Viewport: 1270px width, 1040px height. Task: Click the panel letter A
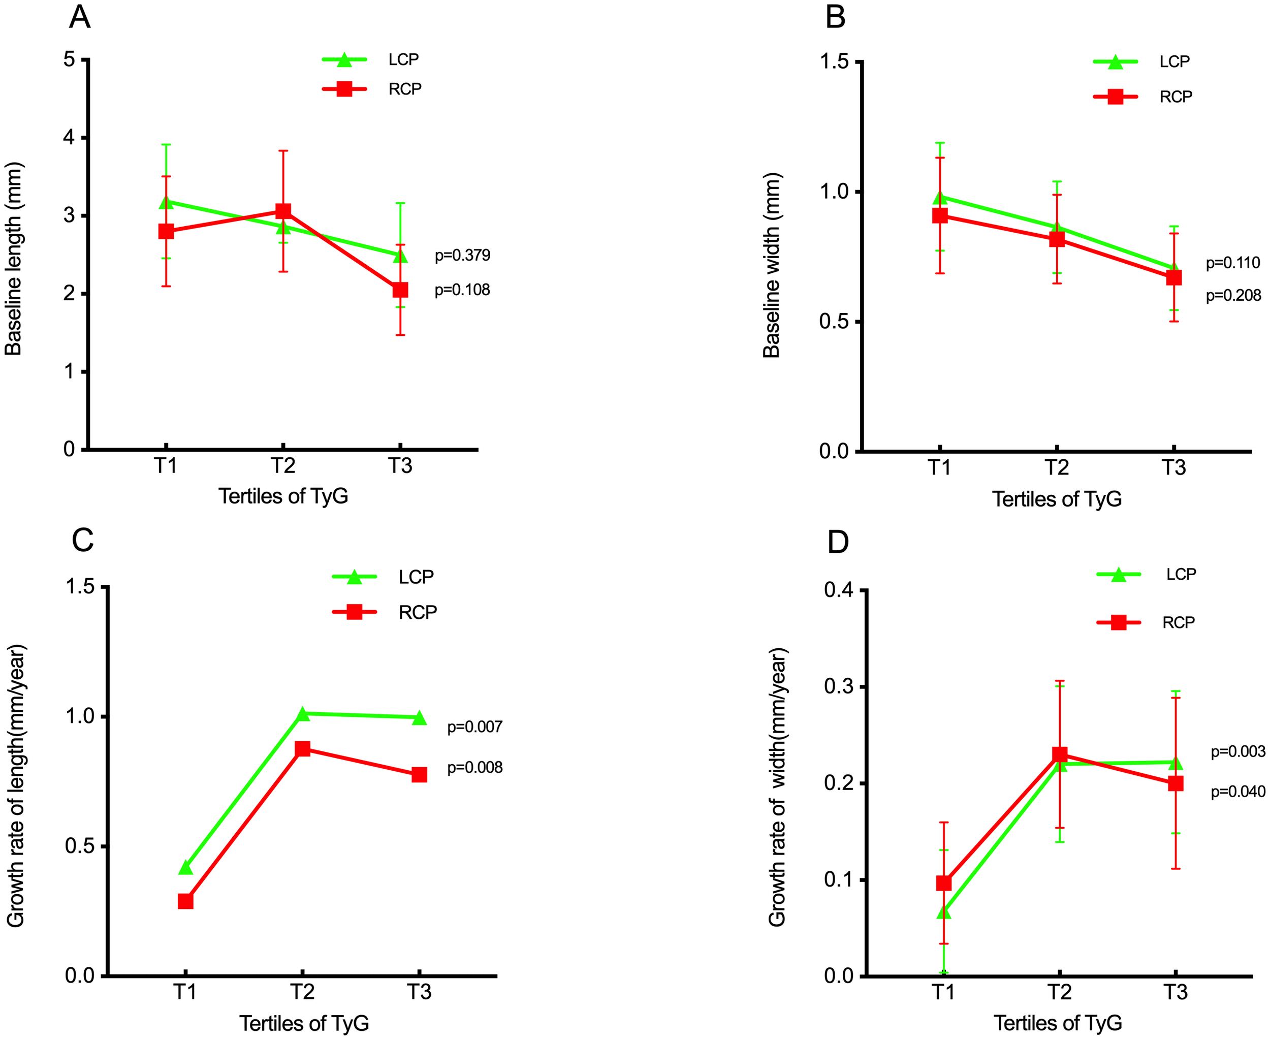click(80, 17)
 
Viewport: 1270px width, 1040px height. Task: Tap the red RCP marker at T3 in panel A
click(400, 290)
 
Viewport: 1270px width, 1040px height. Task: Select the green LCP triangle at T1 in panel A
click(166, 203)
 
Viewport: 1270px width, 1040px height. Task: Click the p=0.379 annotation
click(462, 255)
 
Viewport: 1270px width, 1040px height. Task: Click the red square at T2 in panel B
click(1057, 239)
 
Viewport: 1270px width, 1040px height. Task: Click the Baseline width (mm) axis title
click(772, 265)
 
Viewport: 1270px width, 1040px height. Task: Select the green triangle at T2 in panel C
click(303, 713)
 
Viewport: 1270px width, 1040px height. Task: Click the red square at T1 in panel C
click(186, 901)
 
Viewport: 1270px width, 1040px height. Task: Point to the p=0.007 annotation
click(474, 727)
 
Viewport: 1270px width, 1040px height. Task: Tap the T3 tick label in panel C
click(419, 992)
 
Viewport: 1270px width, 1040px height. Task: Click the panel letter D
click(838, 542)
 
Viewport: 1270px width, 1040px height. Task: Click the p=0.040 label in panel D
click(1237, 792)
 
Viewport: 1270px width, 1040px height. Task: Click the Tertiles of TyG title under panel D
click(1057, 1023)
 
